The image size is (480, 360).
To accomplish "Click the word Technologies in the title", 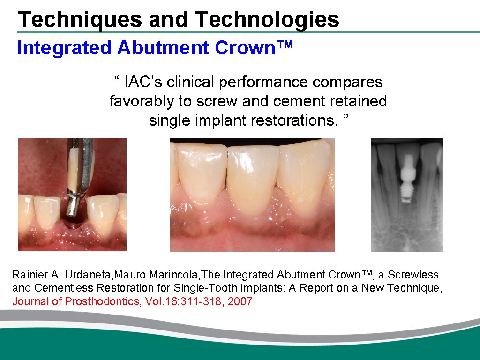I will tap(267, 20).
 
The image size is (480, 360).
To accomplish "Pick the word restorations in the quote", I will tap(291, 120).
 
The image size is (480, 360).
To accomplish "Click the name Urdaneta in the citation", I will tap(72, 275).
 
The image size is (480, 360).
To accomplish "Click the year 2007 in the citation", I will tap(240, 301).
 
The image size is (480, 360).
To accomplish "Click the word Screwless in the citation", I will tap(412, 275).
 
